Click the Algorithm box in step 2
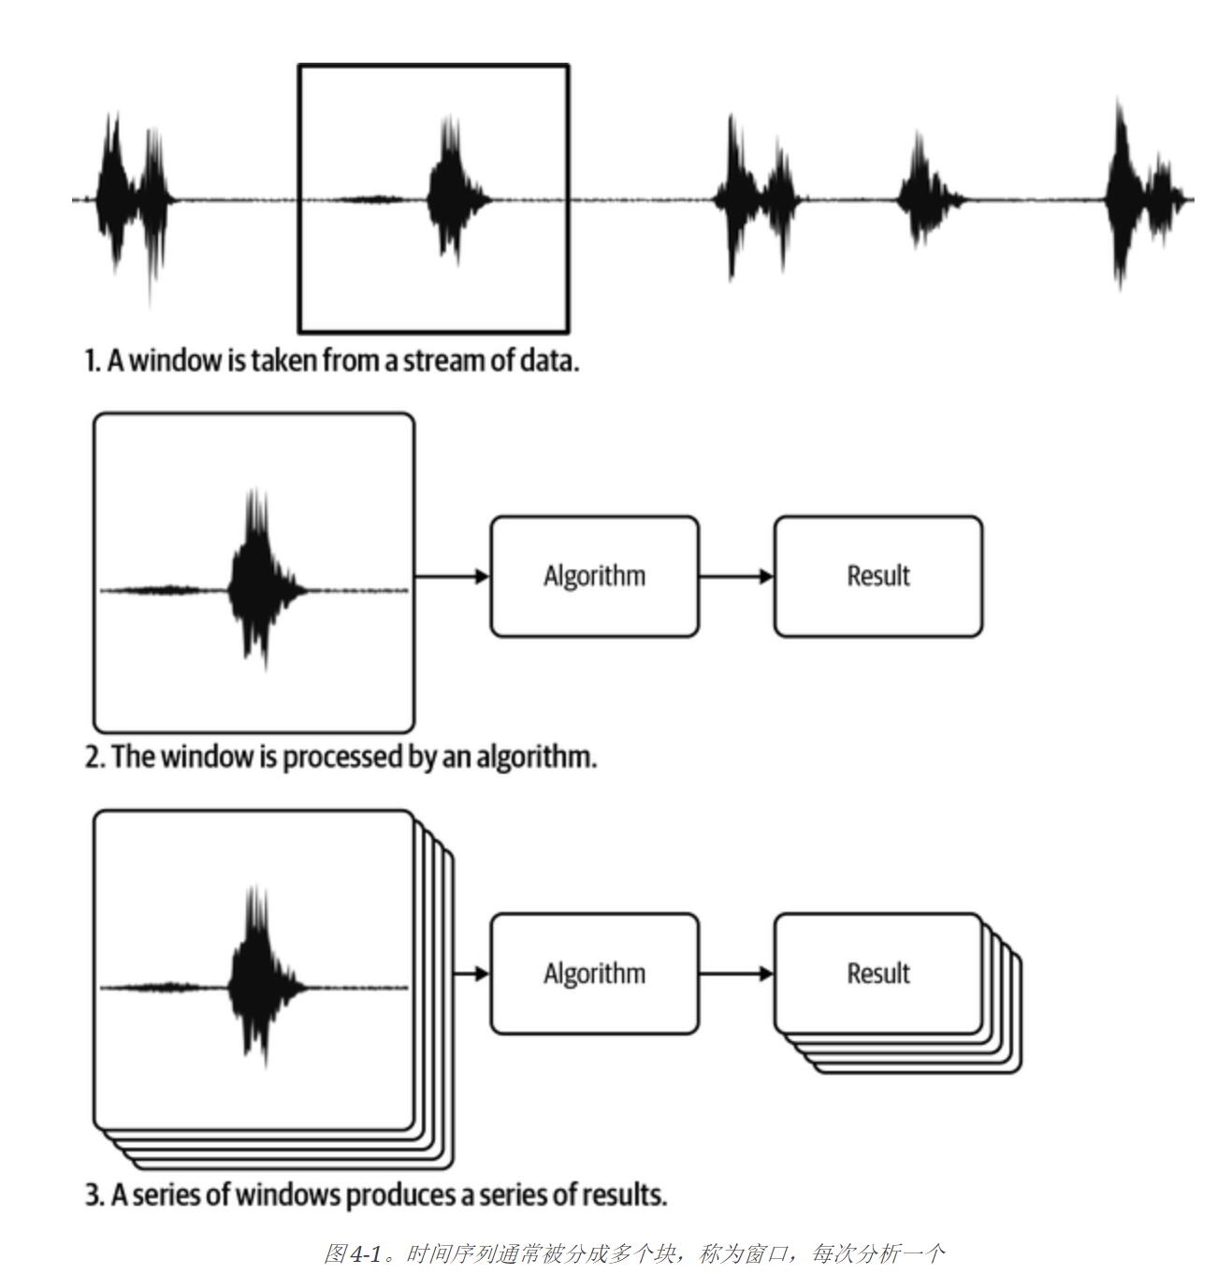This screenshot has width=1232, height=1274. (594, 575)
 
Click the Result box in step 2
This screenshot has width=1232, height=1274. (877, 575)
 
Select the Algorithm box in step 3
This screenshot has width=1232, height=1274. (594, 973)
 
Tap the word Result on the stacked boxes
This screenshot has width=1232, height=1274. (877, 973)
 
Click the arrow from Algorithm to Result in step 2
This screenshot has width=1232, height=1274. (735, 576)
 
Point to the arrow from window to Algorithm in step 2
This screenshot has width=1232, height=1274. (452, 576)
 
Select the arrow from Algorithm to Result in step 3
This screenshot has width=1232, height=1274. (735, 974)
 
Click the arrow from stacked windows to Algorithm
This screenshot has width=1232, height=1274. (471, 974)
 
